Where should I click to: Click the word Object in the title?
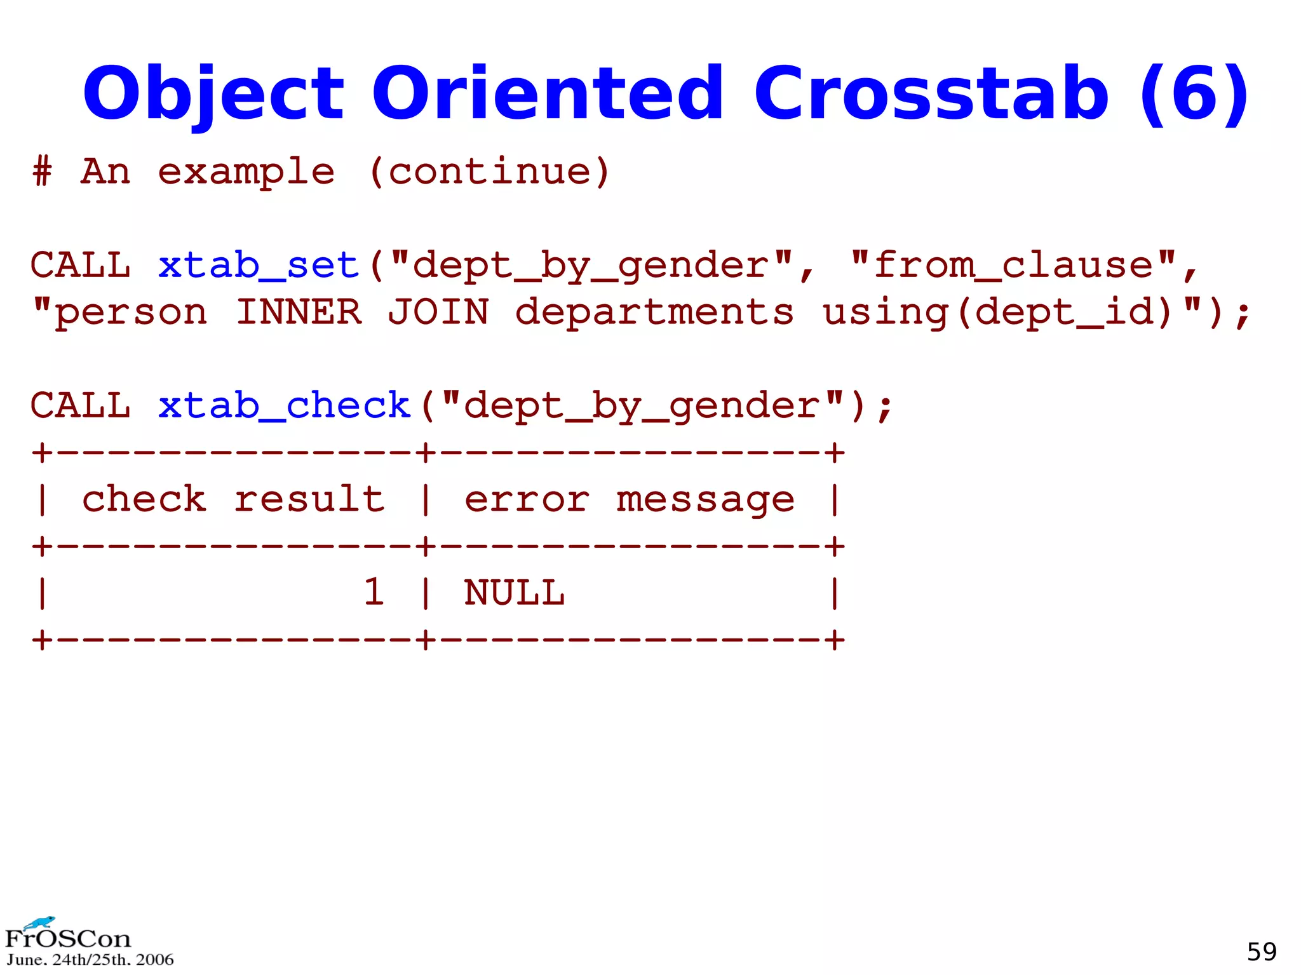(x=213, y=94)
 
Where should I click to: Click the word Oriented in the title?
(x=547, y=94)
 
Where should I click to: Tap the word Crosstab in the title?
(x=931, y=94)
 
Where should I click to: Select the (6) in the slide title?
(x=1194, y=94)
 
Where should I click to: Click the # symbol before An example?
(x=43, y=171)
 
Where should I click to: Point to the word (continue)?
(x=489, y=171)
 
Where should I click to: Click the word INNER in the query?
(x=299, y=313)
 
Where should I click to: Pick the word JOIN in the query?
(x=438, y=313)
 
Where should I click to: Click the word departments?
(x=654, y=313)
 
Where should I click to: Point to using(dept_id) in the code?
(x=997, y=313)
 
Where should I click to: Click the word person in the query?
(x=131, y=313)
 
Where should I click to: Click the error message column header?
(x=629, y=499)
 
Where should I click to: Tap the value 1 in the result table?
(x=374, y=593)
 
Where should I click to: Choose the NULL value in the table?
(x=514, y=593)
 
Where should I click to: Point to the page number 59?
(x=1262, y=951)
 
